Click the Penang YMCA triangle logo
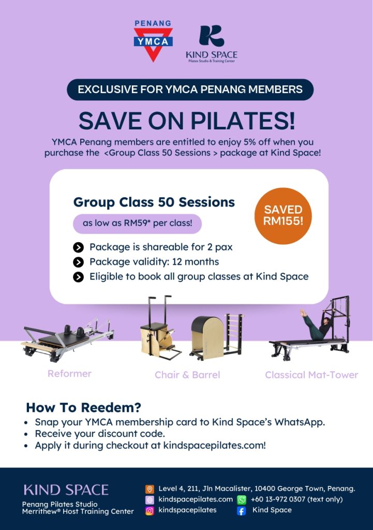tap(153, 41)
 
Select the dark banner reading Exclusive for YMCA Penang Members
tap(190, 90)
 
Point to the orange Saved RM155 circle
tap(283, 215)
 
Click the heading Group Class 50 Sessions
tap(154, 202)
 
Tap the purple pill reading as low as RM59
tap(137, 224)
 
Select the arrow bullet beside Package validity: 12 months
tap(79, 262)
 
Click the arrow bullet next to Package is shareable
tap(79, 247)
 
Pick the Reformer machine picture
tap(67, 340)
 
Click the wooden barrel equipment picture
tap(208, 334)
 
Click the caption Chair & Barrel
tap(187, 375)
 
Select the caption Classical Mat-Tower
tap(311, 375)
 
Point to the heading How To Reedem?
tap(83, 407)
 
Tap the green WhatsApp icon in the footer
tap(242, 500)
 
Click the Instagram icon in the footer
tap(150, 511)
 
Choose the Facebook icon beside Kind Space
tap(241, 511)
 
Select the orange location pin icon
tap(150, 489)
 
